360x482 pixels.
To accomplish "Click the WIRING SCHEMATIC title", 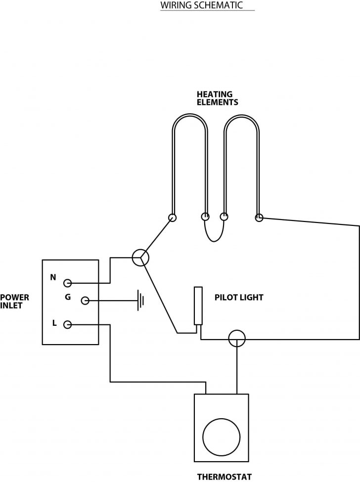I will pyautogui.click(x=201, y=5).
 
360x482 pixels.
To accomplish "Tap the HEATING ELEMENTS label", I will pyautogui.click(x=217, y=98).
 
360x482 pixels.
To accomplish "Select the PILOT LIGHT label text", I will pyautogui.click(x=239, y=298).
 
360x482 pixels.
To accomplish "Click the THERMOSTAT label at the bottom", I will pyautogui.click(x=225, y=477).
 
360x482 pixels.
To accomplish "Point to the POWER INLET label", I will pyautogui.click(x=14, y=301).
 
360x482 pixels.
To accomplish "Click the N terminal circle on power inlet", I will pyautogui.click(x=68, y=283).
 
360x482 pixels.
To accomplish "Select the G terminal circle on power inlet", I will pyautogui.click(x=85, y=300).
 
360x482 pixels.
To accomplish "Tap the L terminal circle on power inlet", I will pyautogui.click(x=68, y=324).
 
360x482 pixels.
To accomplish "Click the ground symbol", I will pyautogui.click(x=141, y=300).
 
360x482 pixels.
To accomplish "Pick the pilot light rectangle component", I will pyautogui.click(x=198, y=306).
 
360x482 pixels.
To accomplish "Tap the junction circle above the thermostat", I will pyautogui.click(x=237, y=339).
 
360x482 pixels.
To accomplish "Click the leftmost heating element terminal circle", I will pyautogui.click(x=173, y=217).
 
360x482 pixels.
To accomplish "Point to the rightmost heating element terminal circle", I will pyautogui.click(x=258, y=217).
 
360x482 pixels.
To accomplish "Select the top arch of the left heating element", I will pyautogui.click(x=190, y=116).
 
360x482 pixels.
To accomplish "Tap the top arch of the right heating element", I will pyautogui.click(x=241, y=116).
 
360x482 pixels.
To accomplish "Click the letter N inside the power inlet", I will pyautogui.click(x=53, y=277).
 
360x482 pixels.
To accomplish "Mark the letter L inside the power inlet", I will pyautogui.click(x=54, y=323).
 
